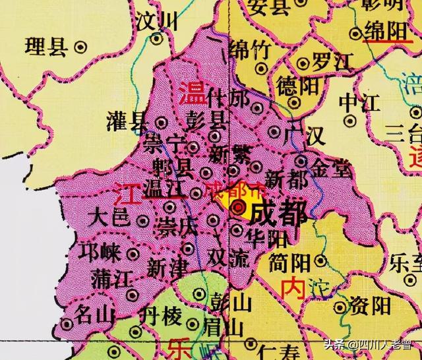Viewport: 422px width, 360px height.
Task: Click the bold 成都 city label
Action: coord(279,214)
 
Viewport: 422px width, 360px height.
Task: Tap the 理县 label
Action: coord(48,47)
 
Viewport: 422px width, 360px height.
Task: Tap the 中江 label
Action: coord(359,102)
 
